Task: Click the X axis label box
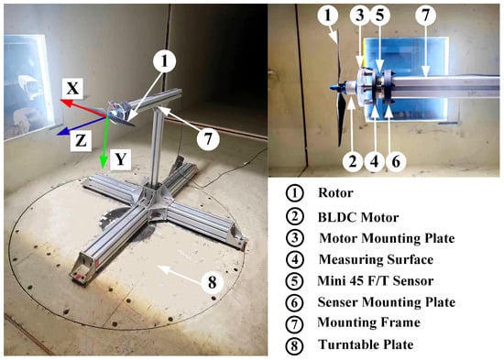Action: click(72, 88)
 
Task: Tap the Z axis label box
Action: click(81, 140)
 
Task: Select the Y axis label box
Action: click(121, 159)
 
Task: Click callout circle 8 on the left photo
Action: click(213, 282)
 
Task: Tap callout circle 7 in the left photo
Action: click(208, 139)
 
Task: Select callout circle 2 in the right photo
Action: click(353, 160)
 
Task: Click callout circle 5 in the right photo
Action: click(380, 16)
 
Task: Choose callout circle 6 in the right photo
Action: click(396, 160)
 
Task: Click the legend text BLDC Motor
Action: click(358, 218)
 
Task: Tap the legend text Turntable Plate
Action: click(366, 344)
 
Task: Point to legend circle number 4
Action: click(294, 260)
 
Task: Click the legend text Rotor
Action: click(335, 193)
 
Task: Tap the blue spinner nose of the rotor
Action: click(333, 87)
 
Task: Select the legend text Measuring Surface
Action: click(376, 260)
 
